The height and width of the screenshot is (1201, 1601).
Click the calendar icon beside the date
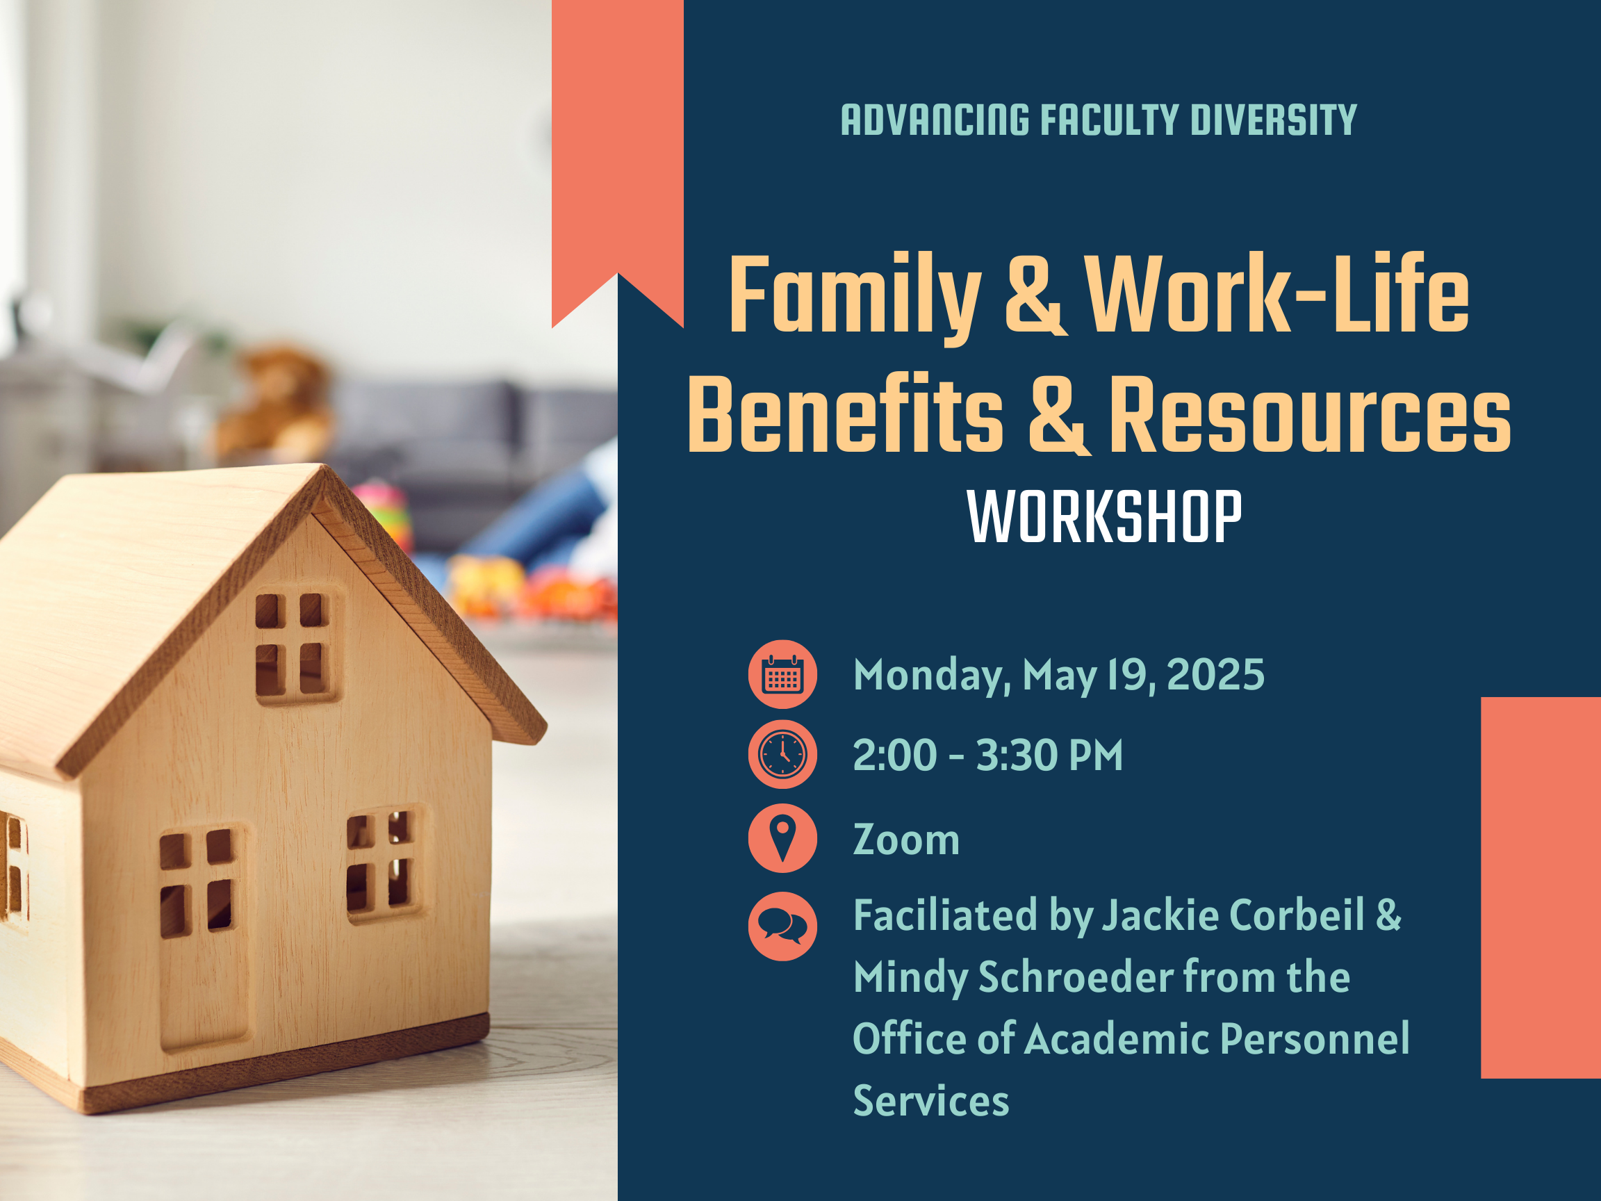coord(782,674)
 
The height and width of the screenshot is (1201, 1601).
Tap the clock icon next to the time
coord(782,754)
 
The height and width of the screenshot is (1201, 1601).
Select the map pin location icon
coord(782,838)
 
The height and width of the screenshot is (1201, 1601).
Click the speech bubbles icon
coord(782,926)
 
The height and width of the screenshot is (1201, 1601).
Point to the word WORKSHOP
coord(1104,516)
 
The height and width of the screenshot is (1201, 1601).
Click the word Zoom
coord(906,840)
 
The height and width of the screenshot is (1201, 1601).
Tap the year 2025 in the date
coord(1216,675)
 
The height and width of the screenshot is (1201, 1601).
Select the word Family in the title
coord(855,297)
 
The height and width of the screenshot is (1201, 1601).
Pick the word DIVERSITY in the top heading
coord(1274,120)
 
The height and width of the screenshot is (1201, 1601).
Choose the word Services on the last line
coord(930,1100)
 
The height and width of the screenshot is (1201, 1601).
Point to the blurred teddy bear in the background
coord(275,405)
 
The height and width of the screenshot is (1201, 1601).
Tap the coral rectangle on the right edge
coord(1541,888)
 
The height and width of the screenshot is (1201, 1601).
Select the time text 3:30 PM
coord(1049,755)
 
